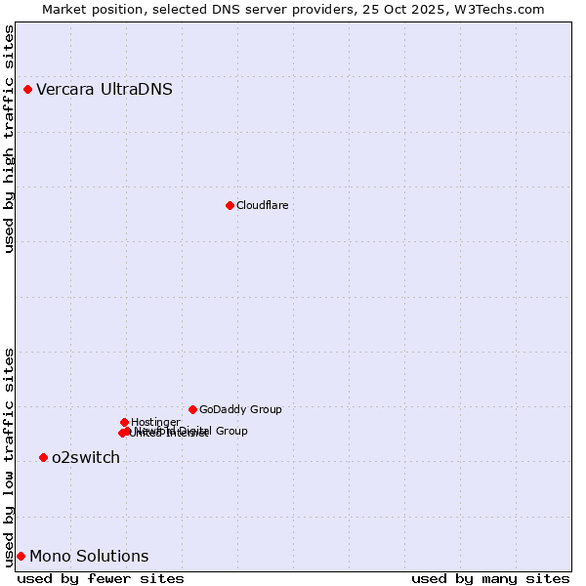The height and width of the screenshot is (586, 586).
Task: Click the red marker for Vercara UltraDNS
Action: tap(27, 90)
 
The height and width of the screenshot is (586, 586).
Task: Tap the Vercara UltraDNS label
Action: tap(105, 90)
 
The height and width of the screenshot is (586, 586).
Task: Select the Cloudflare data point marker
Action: tap(230, 205)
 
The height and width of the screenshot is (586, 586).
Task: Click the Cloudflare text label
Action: tap(262, 205)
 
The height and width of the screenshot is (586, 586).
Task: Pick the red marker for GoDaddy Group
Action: tap(192, 409)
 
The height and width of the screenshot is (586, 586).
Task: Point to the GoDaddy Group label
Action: tap(240, 410)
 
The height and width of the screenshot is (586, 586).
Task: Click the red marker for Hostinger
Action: tap(124, 422)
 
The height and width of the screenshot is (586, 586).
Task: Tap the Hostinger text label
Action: tap(155, 422)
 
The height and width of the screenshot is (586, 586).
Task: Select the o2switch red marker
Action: tap(43, 457)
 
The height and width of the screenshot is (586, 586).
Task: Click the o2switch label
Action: tap(86, 458)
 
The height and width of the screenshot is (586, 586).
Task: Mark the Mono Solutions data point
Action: tap(21, 556)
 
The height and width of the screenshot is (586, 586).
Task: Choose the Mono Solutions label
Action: tap(89, 557)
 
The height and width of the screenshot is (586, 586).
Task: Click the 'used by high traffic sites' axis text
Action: tap(10, 139)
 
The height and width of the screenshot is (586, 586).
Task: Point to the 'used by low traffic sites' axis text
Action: tap(10, 456)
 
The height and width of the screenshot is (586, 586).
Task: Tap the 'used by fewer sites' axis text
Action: tap(101, 579)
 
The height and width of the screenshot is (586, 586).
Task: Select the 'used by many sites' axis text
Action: tap(490, 579)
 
